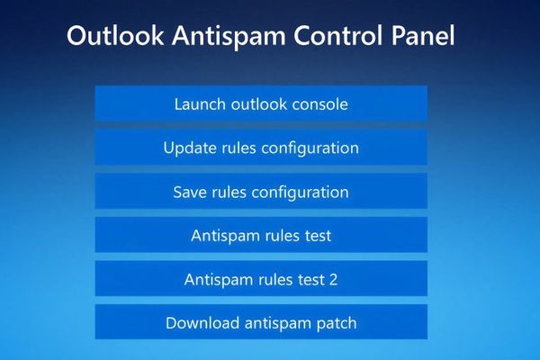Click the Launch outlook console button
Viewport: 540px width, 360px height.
tap(261, 103)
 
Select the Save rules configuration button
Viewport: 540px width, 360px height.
tap(261, 192)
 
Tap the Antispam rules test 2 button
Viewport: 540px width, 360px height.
tap(261, 279)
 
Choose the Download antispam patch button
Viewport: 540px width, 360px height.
tap(261, 322)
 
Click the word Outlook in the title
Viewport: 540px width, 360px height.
tap(115, 37)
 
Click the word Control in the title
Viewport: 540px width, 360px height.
tap(340, 37)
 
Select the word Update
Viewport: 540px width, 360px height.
tap(189, 148)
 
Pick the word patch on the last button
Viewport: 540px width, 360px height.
tap(335, 323)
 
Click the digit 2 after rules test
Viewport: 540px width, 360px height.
tap(334, 279)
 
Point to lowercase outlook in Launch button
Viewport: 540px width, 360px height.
tap(257, 103)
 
